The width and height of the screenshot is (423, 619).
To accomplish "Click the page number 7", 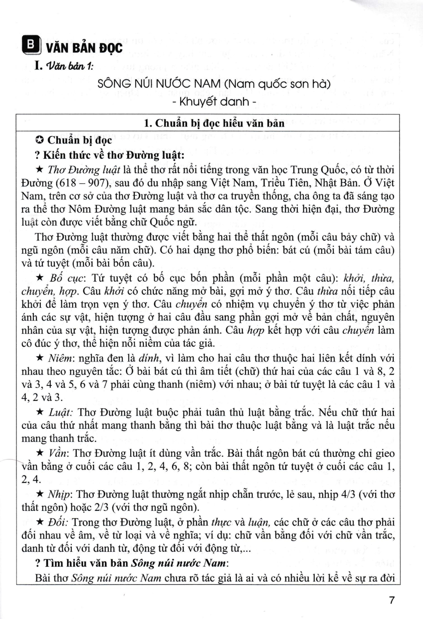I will point(392,600).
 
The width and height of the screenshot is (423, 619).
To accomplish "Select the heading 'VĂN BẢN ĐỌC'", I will point(84,48).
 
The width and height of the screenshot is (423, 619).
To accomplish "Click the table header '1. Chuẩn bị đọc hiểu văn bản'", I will point(214,123).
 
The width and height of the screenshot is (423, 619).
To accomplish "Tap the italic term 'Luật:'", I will point(61,412).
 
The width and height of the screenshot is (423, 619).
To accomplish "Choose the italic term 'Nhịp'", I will point(59,494).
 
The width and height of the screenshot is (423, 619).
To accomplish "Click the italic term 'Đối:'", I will point(58,522).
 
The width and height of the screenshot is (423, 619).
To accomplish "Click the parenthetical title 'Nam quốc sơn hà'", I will point(278,84).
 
